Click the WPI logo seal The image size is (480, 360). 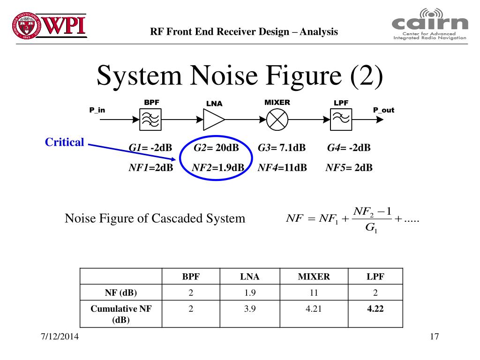coord(26,26)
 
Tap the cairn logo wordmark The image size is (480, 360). coord(430,23)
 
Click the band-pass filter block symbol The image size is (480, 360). coord(150,120)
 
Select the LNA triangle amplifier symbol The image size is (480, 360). coord(214,120)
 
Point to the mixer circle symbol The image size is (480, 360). coord(277,120)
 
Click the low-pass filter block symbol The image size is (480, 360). coord(341,120)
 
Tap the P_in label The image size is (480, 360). coord(97,110)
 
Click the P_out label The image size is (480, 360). coord(383,110)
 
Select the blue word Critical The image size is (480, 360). coord(64,142)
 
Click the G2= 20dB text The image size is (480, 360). coord(216,148)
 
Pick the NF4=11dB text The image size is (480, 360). coord(282,168)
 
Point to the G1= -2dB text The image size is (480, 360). coord(150,148)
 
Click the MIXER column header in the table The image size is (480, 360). coord(314,277)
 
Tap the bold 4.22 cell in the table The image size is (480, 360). coord(375,308)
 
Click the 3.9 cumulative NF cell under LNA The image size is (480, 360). coord(250,308)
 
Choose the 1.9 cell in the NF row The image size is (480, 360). coord(250,292)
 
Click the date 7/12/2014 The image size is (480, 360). coord(60,337)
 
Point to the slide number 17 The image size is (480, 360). coord(434,337)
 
